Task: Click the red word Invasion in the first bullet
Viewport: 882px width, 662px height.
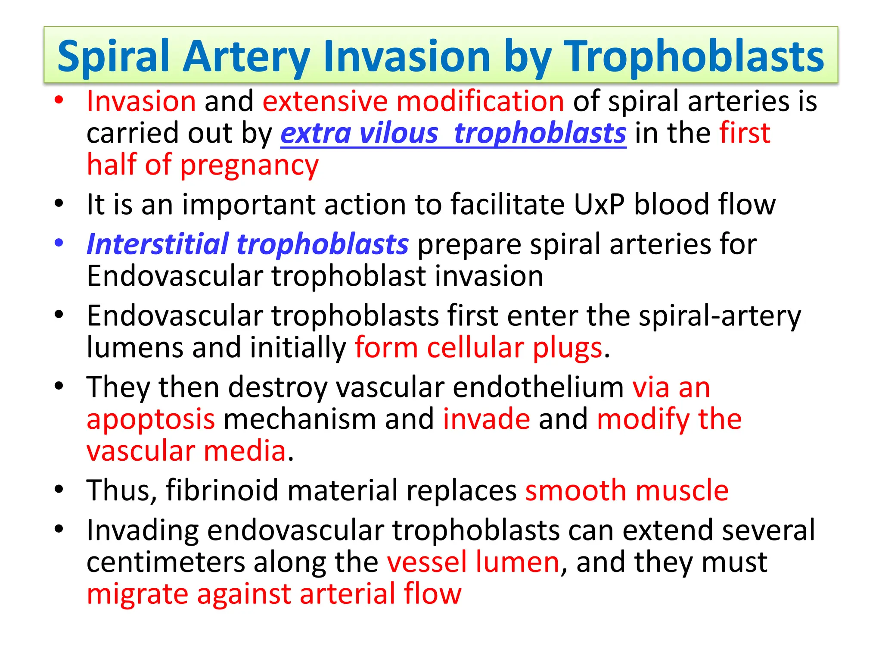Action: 141,102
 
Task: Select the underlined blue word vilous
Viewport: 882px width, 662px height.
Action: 398,133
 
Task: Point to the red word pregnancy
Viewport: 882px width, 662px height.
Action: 249,165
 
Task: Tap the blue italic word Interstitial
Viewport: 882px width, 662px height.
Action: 157,244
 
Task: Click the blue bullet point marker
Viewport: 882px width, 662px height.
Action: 59,242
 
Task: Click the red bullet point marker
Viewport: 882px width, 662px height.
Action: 59,100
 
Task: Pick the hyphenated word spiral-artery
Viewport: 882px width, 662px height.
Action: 720,316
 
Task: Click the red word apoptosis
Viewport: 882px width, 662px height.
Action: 150,419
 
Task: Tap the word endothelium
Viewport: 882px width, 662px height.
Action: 538,387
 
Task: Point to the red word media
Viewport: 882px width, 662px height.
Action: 245,451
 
